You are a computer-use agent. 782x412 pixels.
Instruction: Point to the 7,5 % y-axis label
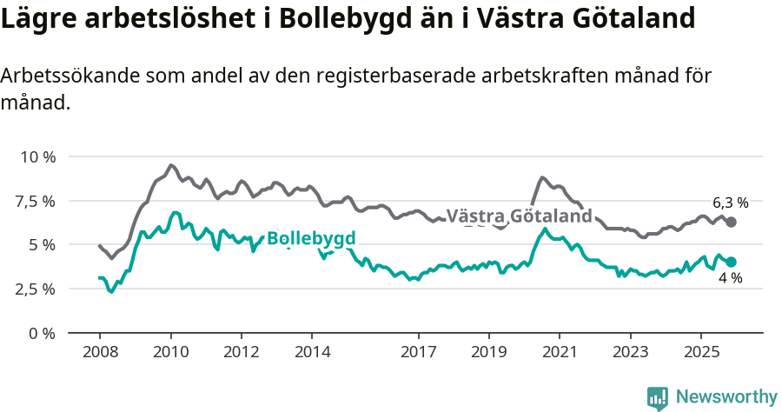coord(36,201)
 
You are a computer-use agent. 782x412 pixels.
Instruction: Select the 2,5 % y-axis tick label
coord(36,289)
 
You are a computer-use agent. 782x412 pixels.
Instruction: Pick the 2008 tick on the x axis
coord(99,353)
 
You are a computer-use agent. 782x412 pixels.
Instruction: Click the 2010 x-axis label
coord(170,353)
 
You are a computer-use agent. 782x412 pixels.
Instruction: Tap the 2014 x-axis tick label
coord(312,353)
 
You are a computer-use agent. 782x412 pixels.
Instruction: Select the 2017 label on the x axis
coord(418,353)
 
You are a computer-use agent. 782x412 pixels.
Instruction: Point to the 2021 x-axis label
coord(560,353)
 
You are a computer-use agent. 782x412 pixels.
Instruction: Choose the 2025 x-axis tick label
coord(701,353)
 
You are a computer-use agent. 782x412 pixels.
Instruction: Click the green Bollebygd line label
coord(311,238)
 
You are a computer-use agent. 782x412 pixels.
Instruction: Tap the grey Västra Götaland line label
coord(519,216)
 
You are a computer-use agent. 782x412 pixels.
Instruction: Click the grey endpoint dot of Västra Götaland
coord(732,223)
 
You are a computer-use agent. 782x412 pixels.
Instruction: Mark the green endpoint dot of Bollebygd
coord(732,262)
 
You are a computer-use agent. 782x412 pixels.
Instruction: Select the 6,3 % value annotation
coord(730,203)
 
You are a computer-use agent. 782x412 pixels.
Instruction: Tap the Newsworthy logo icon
coord(658,397)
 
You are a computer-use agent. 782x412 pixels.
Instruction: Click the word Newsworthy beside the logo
coord(726,397)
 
